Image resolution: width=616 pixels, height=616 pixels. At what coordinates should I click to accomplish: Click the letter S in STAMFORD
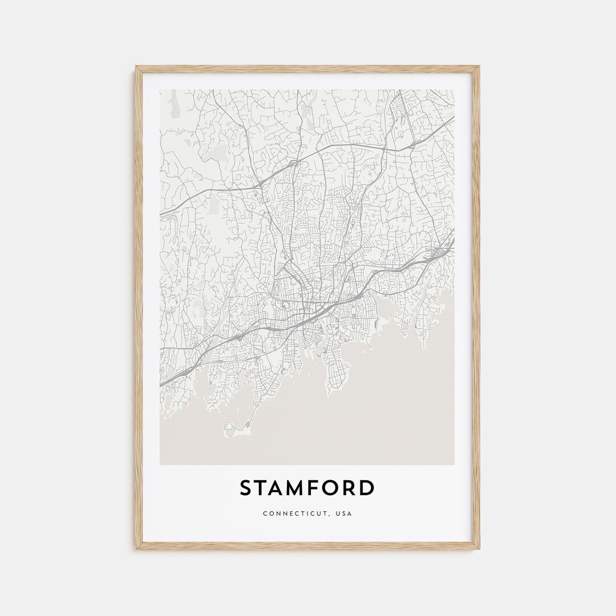(246, 488)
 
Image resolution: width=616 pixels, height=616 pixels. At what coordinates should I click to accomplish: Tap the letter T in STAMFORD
(263, 488)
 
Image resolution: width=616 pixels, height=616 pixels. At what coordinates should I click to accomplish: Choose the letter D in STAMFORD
(368, 488)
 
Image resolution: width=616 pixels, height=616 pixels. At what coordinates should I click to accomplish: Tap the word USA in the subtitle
(345, 513)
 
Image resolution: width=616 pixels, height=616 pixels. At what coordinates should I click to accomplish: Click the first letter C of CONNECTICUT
(265, 513)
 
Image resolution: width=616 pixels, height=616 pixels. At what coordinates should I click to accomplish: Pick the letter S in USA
(345, 513)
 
